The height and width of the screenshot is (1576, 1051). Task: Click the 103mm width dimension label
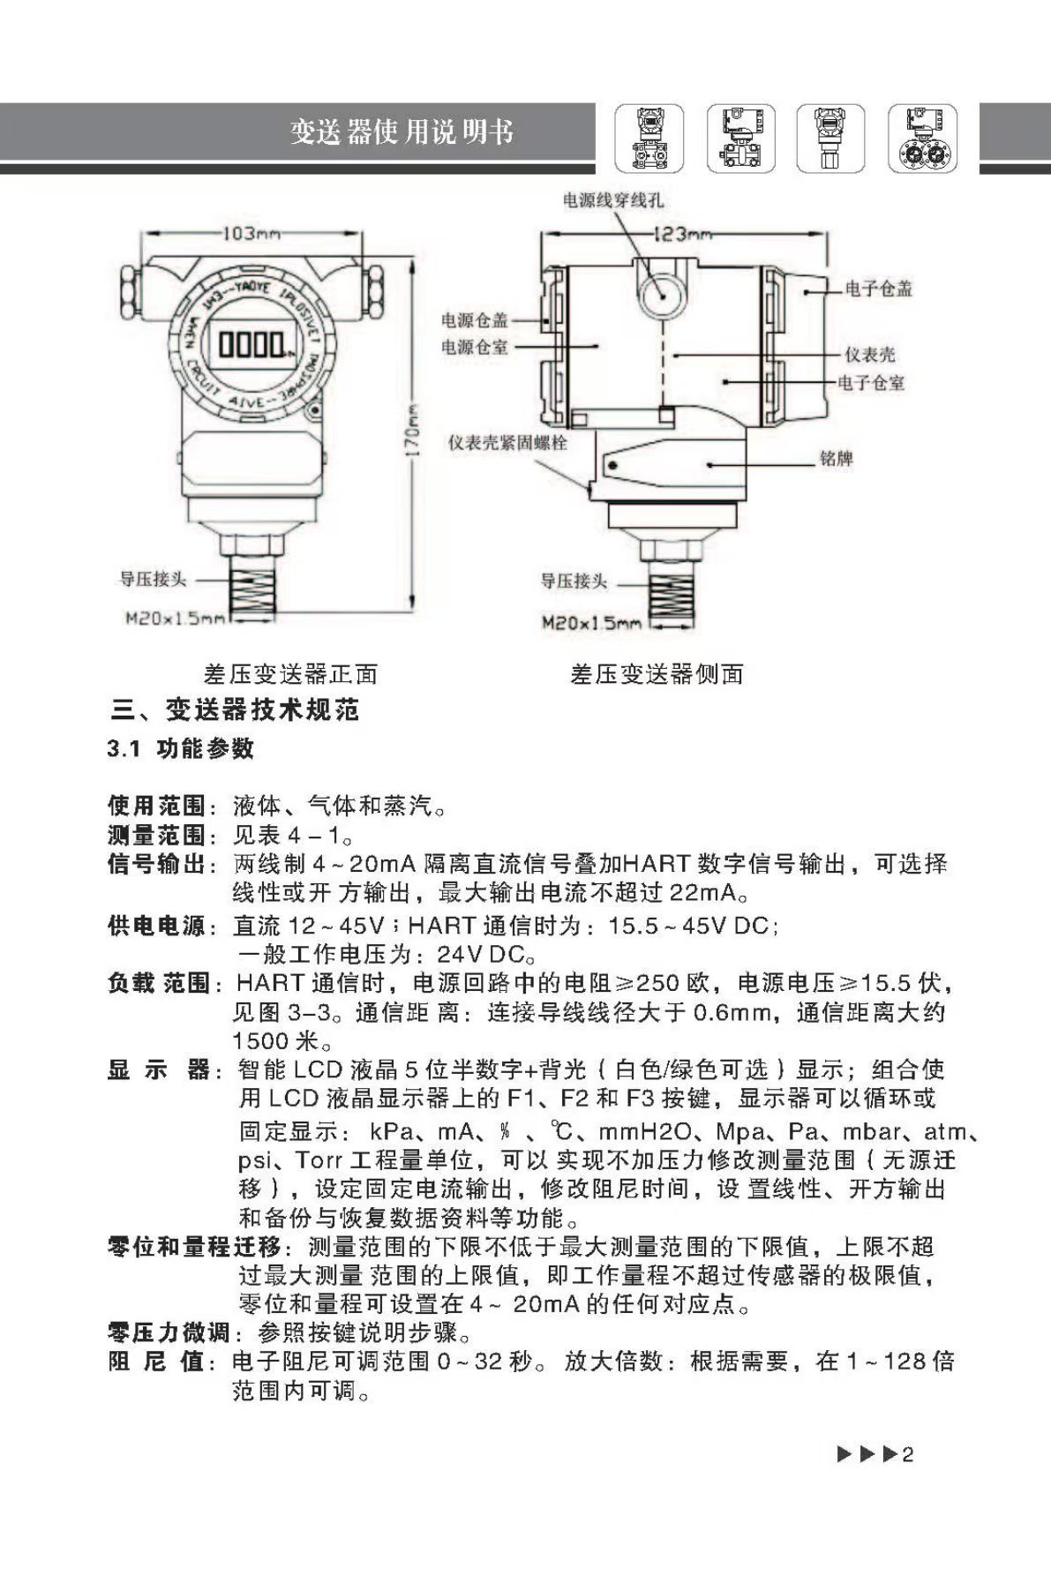251,234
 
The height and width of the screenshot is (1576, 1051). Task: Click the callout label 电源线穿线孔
613,200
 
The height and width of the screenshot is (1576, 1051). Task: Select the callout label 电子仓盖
878,289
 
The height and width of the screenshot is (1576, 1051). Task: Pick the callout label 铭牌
836,459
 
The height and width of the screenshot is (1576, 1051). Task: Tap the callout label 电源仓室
475,347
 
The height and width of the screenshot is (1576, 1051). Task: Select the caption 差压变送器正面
290,674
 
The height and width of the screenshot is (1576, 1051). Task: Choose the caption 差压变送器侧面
657,674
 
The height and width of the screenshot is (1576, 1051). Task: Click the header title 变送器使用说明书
402,132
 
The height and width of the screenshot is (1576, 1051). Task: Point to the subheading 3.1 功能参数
181,749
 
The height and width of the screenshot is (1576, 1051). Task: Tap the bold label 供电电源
156,926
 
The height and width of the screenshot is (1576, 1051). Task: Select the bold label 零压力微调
169,1332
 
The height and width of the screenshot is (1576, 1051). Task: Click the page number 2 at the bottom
909,1454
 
